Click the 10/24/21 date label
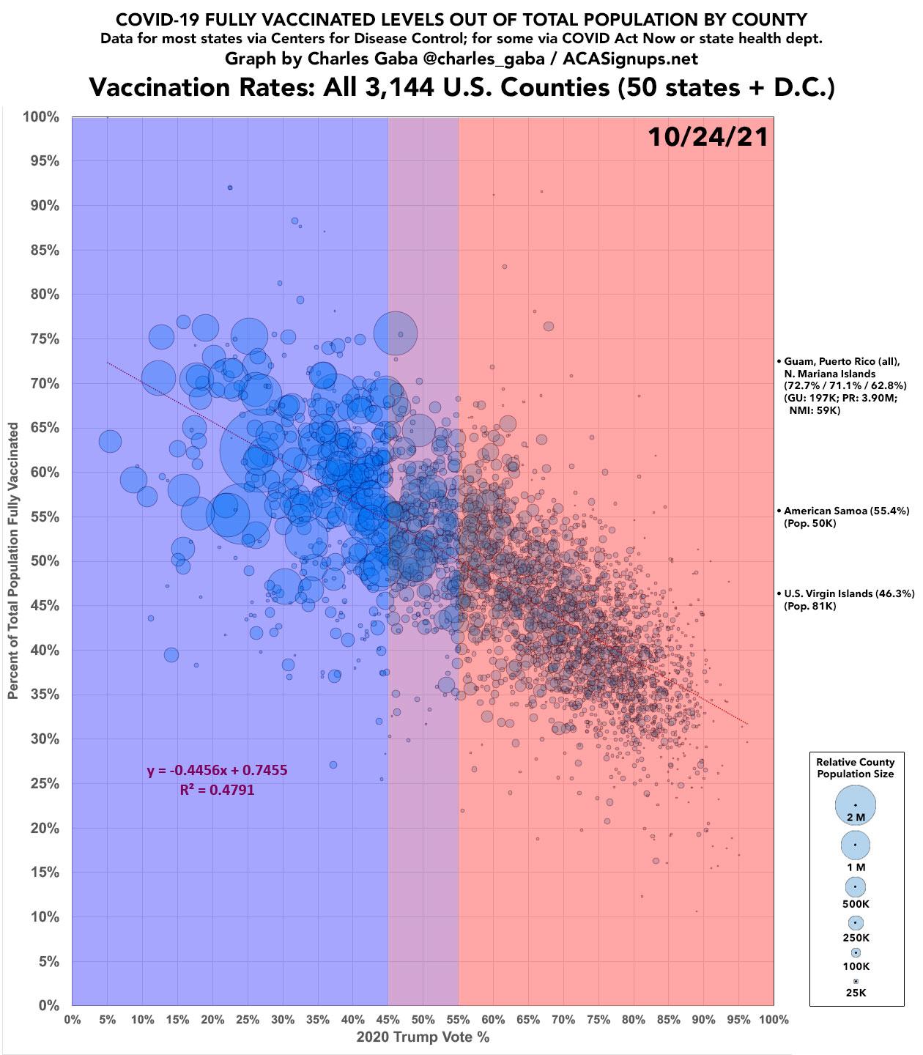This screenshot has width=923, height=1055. (708, 137)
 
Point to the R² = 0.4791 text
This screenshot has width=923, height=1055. (217, 790)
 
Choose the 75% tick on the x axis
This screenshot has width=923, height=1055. (598, 1019)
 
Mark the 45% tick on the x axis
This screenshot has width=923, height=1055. (388, 1019)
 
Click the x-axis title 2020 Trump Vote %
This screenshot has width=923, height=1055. (423, 1037)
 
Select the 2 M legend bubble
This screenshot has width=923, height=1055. (856, 804)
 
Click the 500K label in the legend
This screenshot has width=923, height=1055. (856, 904)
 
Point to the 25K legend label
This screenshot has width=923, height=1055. (856, 993)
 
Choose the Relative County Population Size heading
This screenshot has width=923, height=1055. (856, 768)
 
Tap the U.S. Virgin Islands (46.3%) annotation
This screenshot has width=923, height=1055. (849, 593)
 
